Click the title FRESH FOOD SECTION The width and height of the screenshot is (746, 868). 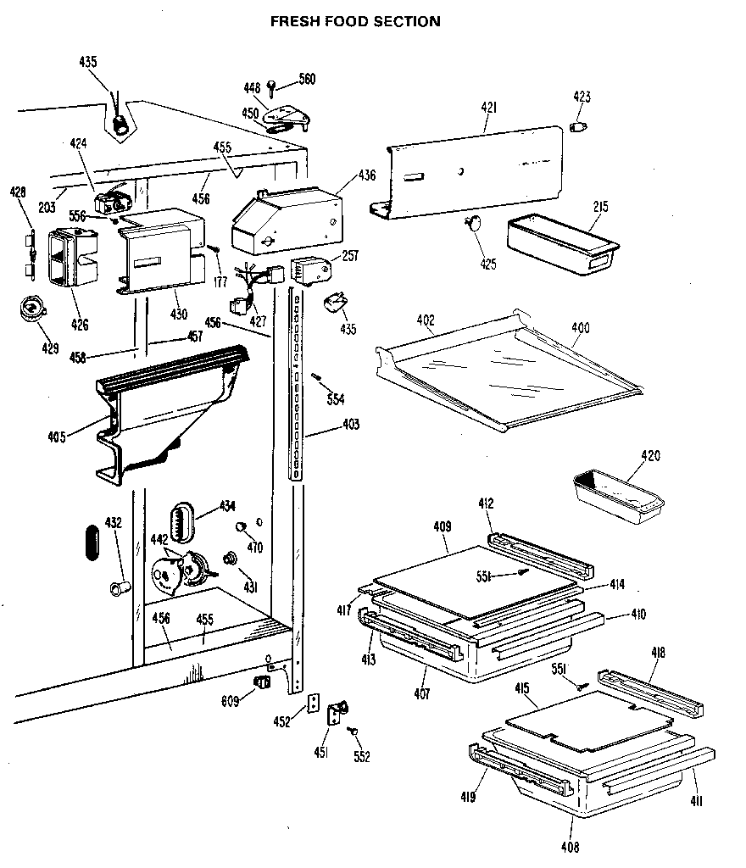click(355, 21)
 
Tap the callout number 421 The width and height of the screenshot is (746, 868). click(488, 108)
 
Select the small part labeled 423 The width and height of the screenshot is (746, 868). click(580, 127)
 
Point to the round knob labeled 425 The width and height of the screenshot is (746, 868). click(473, 223)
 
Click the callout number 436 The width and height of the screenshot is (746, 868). click(366, 175)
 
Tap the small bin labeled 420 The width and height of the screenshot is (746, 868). click(617, 497)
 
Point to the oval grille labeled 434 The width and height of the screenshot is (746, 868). click(181, 520)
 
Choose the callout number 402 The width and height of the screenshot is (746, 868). click(426, 320)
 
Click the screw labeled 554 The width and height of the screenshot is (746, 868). click(316, 377)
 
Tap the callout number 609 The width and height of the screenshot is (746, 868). click(229, 699)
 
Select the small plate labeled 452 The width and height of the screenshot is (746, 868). click(315, 704)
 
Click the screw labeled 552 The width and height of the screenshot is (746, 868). click(354, 730)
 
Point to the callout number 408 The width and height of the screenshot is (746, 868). click(569, 846)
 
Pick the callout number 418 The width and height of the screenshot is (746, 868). click(658, 653)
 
